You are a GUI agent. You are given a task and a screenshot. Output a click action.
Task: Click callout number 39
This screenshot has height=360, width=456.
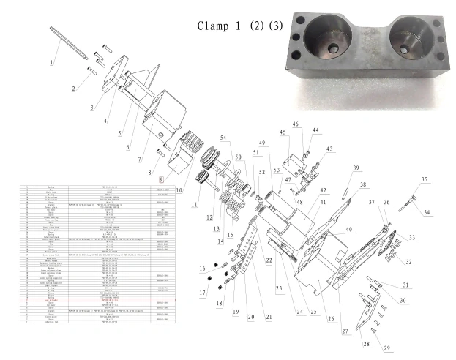pyautogui.click(x=355, y=168)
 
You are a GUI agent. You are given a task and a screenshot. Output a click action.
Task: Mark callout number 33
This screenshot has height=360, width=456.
pyautogui.click(x=411, y=237)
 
